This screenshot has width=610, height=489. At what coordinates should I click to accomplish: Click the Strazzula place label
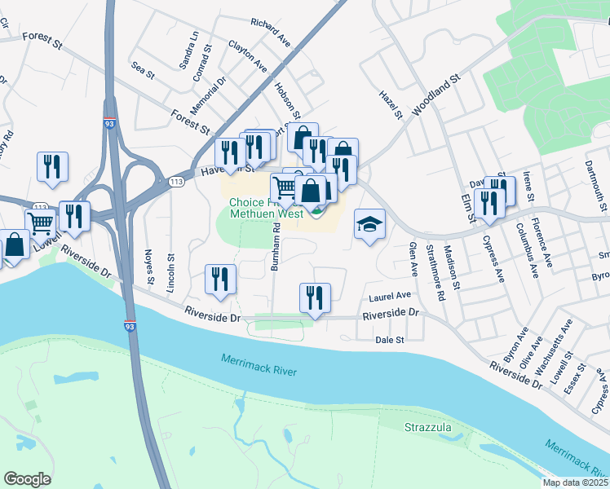tap(428, 427)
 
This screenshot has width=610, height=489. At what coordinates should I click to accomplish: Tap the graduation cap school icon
tap(369, 224)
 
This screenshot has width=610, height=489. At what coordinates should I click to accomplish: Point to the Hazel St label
tap(391, 105)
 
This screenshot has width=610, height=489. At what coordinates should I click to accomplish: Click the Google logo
tap(27, 479)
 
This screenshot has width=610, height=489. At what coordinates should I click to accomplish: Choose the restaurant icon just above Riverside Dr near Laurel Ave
tap(315, 298)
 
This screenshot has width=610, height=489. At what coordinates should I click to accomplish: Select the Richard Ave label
tap(271, 32)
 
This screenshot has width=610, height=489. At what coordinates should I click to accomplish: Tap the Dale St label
tap(389, 340)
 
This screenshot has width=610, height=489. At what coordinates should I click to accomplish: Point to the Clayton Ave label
tap(248, 55)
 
